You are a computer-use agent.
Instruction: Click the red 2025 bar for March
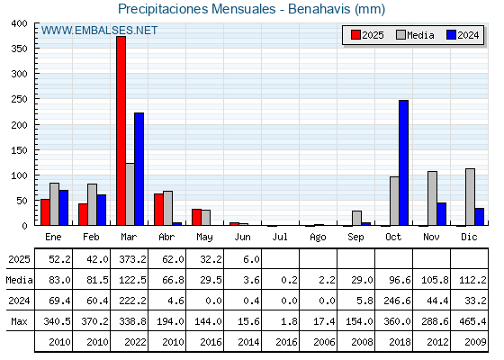pos(121,130)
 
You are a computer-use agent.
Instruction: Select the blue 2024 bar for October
pos(403,163)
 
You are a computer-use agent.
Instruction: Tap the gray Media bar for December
pos(470,197)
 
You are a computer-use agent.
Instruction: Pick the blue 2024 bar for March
pos(139,169)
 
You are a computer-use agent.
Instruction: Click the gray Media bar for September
pos(356,218)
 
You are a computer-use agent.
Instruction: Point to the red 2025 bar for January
pos(45,212)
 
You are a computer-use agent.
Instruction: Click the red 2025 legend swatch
pos(355,35)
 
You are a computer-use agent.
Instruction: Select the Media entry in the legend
pos(415,35)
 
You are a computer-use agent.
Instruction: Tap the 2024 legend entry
pos(463,35)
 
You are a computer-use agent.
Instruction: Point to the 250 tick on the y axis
pos(19,99)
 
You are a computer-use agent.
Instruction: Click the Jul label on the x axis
pos(280,237)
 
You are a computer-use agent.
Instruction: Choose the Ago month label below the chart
pos(318,238)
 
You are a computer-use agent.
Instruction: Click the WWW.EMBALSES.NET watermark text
pos(99,31)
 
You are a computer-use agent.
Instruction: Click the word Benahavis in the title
pos(319,9)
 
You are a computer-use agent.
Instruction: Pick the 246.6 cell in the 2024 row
pos(397,301)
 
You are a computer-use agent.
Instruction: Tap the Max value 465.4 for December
pos(472,321)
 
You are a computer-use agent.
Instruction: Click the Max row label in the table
pos(19,321)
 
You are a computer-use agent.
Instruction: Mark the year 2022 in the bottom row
pos(135,342)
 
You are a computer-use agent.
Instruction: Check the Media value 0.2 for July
pos(289,280)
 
